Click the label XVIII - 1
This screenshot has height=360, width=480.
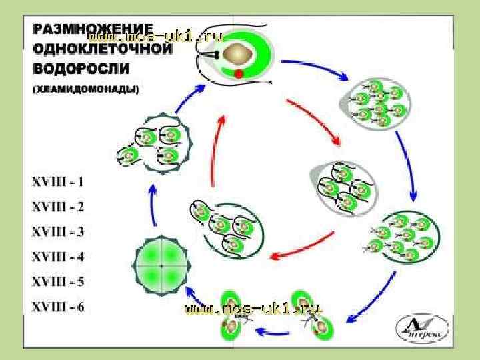[x=58, y=181]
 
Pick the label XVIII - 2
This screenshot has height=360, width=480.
[x=58, y=206]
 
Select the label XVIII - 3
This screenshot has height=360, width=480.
[x=58, y=231]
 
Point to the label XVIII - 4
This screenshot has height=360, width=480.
[x=58, y=257]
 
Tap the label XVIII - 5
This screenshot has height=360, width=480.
[x=58, y=282]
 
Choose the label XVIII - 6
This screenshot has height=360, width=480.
[x=58, y=307]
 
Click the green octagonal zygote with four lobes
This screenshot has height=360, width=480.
[x=162, y=265]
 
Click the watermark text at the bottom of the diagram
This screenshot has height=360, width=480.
[x=253, y=309]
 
